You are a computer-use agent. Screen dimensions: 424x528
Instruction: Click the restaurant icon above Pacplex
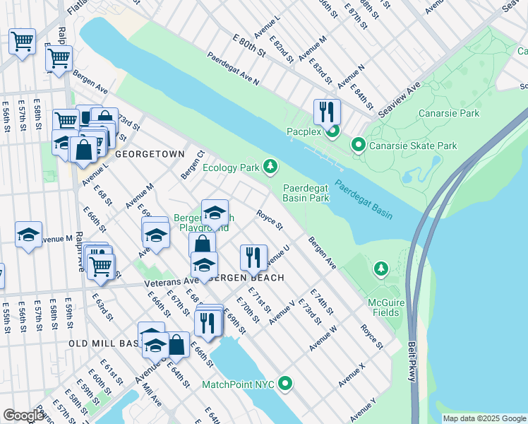point(327,112)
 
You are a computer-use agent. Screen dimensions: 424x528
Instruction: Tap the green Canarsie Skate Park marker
point(359,146)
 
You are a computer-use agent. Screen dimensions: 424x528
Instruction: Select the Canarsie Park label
point(449,113)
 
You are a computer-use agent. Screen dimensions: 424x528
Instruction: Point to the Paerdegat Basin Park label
point(306,193)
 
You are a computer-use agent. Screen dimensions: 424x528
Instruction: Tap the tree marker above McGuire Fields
point(381,269)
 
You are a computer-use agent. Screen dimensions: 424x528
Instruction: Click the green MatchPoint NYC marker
point(285,384)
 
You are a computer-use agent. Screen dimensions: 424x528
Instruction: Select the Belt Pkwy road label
point(412,363)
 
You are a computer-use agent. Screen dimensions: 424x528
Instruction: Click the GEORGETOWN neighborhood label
point(149,154)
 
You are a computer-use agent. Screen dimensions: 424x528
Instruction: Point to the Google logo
point(23,416)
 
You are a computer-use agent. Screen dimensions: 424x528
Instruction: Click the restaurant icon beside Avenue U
point(253,257)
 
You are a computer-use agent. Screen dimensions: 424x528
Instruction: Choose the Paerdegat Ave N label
point(233,71)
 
